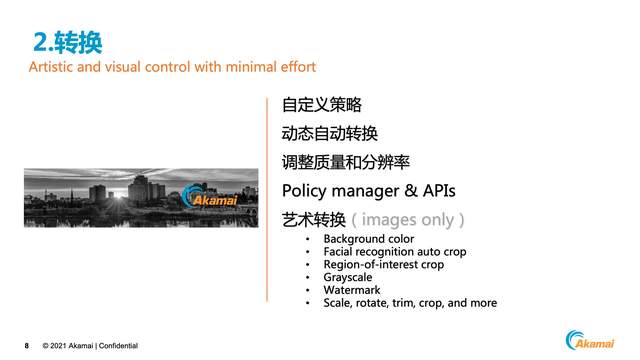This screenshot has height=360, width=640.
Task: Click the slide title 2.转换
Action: pos(67,41)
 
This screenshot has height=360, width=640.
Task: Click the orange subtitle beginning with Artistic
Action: pos(172,67)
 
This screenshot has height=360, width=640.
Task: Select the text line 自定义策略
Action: pos(322,105)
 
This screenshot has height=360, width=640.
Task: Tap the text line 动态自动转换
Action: pos(330,134)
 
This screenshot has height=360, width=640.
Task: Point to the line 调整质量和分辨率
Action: pos(346,162)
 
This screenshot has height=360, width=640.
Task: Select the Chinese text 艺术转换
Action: pos(314,219)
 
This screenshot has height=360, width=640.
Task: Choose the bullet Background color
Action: pos(368,239)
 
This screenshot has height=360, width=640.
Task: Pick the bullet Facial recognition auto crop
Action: pos(394,252)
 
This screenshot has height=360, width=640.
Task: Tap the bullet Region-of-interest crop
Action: pos(383,265)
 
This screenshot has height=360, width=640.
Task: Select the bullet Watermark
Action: pos(351,290)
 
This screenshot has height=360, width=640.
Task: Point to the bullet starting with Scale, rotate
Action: pos(409,303)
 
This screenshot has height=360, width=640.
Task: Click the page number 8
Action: pos(27,346)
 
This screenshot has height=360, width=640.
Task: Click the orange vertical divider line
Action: pos(267,199)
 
